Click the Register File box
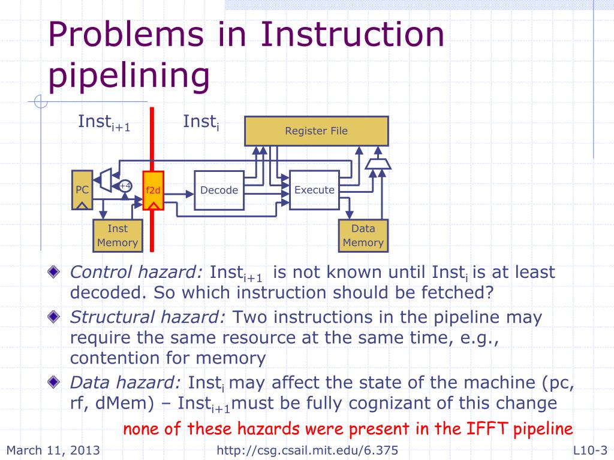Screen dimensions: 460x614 316,131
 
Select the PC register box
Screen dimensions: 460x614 82,190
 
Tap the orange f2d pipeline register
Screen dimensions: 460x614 153,190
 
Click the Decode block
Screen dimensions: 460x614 219,190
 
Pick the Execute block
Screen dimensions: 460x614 314,190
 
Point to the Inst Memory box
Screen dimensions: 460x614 118,235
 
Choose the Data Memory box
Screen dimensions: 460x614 363,235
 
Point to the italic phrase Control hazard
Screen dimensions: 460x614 136,273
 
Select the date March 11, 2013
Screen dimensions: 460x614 53,450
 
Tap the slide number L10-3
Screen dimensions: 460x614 590,450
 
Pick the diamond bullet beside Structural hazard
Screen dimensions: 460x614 55,317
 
